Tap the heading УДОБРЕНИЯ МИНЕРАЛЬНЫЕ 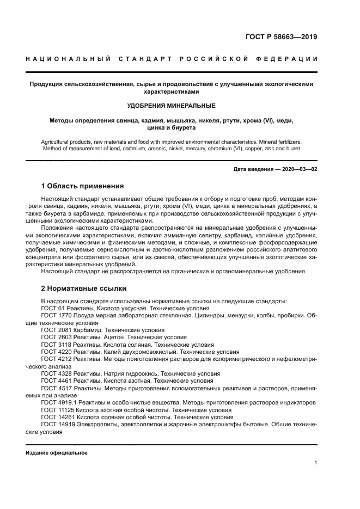(x=171, y=105)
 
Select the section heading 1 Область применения (x=82, y=186)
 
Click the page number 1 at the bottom (x=315, y=462)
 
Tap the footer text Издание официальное (x=57, y=452)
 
